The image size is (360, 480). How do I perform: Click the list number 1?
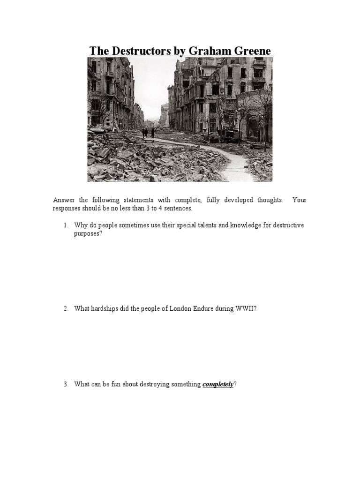click(66, 225)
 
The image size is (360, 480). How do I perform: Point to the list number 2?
click(66, 308)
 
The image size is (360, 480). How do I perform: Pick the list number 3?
click(66, 384)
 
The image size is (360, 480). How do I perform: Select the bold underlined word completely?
click(217, 384)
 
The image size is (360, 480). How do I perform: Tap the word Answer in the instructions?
click(63, 200)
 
